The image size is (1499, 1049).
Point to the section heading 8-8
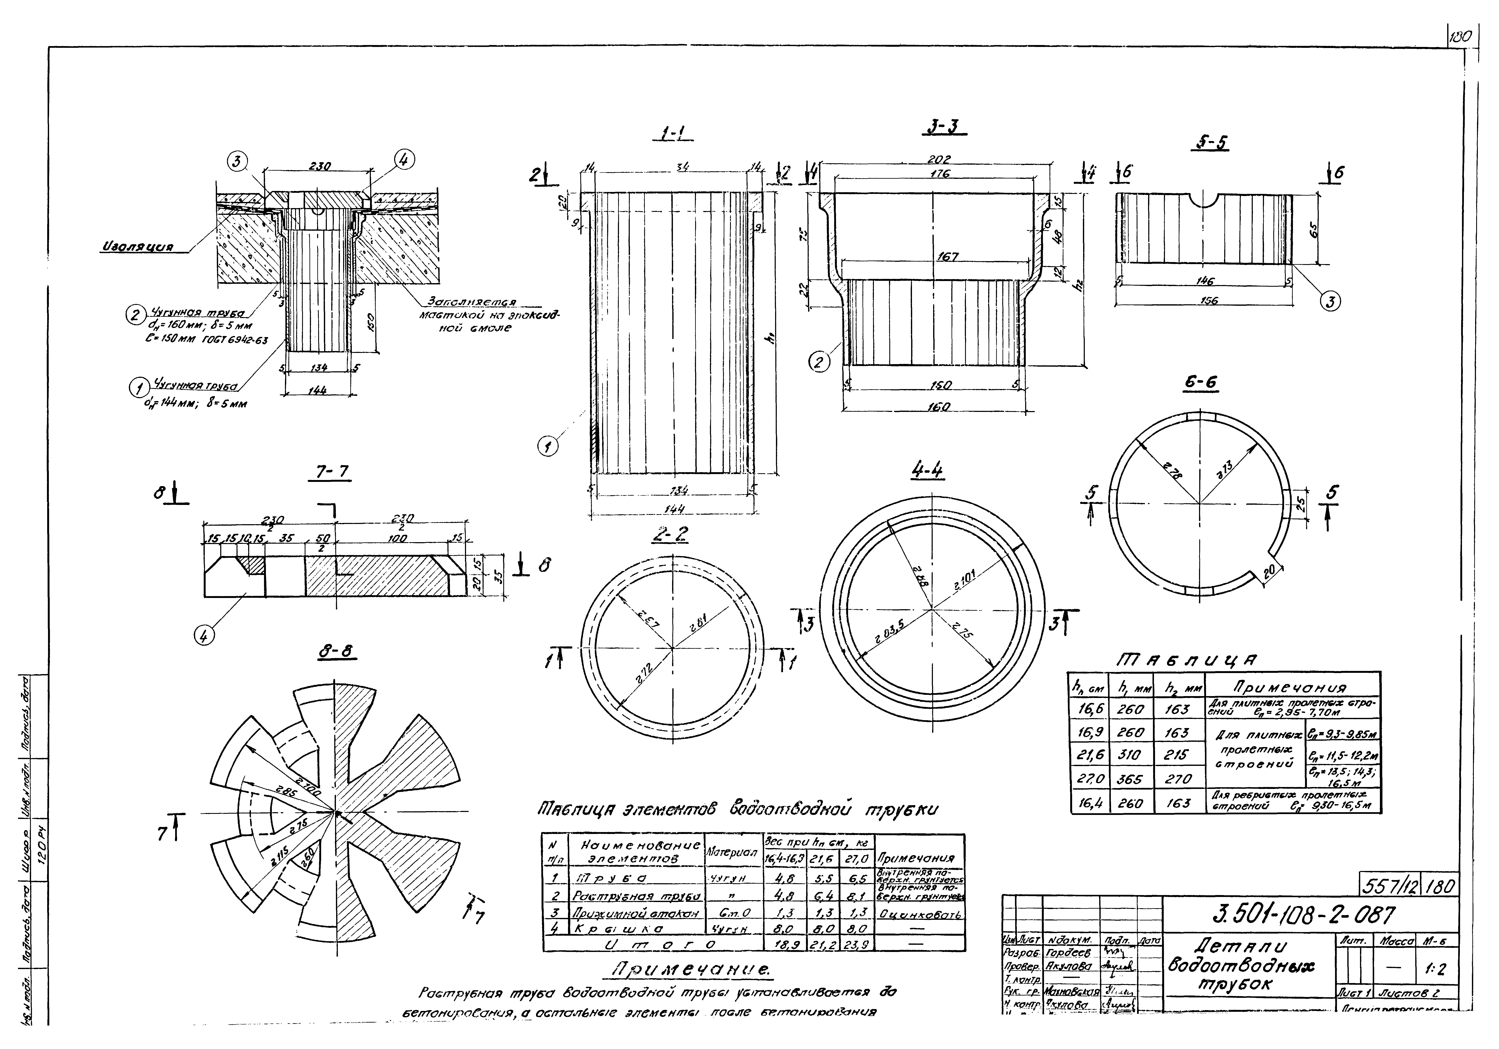pyautogui.click(x=337, y=651)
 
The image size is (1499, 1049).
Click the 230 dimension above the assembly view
pyautogui.click(x=319, y=167)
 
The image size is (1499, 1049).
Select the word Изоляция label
pyautogui.click(x=137, y=247)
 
